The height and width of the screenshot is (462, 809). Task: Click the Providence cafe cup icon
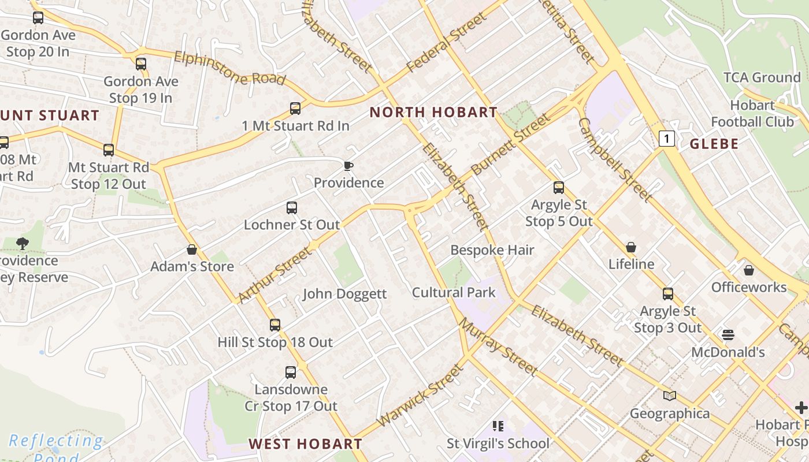tap(348, 166)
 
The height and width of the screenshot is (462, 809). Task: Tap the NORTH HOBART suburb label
tap(433, 112)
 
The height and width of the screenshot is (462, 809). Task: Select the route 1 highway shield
tap(667, 139)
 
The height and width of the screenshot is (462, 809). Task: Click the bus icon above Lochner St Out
tap(292, 208)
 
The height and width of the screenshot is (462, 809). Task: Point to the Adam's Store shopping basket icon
tap(192, 249)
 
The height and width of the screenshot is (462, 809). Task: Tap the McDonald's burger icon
tap(728, 335)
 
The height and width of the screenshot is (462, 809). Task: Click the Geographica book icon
tap(670, 396)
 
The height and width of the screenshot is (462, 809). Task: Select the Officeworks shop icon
tap(749, 270)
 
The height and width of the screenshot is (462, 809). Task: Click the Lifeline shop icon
tap(631, 247)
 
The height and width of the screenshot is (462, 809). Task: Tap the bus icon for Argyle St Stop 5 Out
tap(558, 188)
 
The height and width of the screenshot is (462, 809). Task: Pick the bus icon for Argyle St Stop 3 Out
tap(668, 294)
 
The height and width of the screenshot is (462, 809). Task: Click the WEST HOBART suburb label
tap(305, 444)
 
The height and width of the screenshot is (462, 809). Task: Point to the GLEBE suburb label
tap(714, 144)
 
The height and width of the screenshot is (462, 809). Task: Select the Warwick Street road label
tap(420, 396)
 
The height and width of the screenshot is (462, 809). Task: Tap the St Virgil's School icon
tap(498, 426)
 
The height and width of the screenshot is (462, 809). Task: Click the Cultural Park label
tap(454, 292)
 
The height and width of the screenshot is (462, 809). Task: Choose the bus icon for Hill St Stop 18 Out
tap(275, 325)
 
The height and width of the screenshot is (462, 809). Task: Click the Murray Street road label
tap(498, 346)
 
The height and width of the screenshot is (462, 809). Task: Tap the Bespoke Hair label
tap(492, 250)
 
